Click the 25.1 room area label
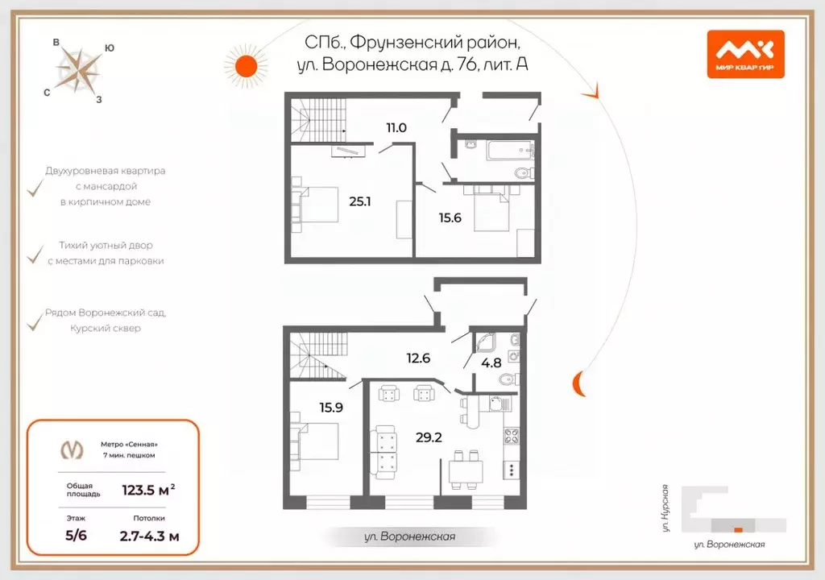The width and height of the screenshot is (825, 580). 359,201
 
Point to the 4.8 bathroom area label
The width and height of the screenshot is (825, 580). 491,363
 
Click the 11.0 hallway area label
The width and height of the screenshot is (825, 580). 396,127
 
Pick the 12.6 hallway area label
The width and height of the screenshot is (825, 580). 418,358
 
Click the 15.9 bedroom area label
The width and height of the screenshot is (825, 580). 330,408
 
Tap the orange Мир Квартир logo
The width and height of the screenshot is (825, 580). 745,53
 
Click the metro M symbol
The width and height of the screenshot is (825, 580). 73,449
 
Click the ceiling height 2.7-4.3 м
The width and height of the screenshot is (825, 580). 149,535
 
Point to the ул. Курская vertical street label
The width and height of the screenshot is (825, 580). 665,507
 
